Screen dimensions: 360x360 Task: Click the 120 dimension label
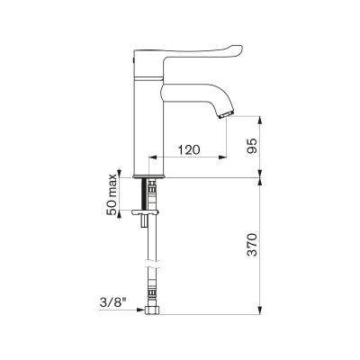pyautogui.click(x=189, y=149)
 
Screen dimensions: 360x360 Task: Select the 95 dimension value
pyautogui.click(x=253, y=146)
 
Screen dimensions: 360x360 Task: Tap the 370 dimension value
pyautogui.click(x=253, y=244)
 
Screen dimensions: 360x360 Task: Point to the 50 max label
pyautogui.click(x=112, y=194)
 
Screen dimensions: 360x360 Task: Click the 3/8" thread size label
pyautogui.click(x=112, y=303)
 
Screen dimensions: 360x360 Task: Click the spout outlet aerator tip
pyautogui.click(x=227, y=114)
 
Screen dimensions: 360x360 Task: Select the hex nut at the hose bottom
pyautogui.click(x=152, y=310)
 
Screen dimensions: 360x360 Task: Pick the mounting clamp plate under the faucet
pyautogui.click(x=145, y=212)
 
